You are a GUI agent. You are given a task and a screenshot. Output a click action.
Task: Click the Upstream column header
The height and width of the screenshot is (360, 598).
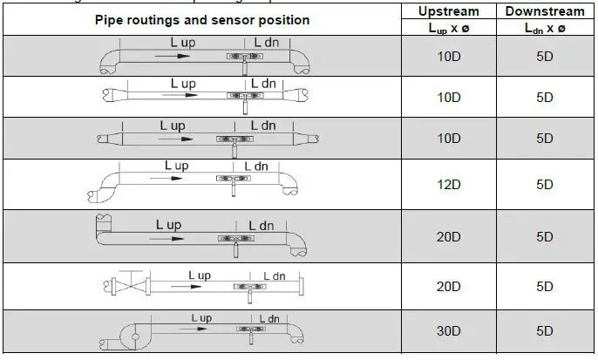449,11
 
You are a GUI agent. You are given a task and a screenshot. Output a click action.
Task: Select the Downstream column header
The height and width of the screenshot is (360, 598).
545,11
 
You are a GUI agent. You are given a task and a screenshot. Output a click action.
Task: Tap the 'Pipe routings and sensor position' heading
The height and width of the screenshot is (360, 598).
202,19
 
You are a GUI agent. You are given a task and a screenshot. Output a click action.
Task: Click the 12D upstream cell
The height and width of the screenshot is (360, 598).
449,184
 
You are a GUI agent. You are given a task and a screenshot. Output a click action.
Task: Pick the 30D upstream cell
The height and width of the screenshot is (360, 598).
449,331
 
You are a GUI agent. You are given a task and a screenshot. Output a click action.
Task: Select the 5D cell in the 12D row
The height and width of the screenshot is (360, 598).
545,184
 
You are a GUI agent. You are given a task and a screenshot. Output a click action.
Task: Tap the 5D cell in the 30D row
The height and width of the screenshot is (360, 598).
545,331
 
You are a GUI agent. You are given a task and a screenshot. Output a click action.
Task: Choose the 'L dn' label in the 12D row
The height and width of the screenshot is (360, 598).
255,166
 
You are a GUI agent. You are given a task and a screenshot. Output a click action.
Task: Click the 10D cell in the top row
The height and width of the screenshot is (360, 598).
449,57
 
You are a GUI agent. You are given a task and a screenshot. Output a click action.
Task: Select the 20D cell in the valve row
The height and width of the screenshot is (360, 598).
449,286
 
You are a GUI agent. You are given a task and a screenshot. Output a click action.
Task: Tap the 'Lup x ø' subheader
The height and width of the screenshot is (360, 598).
449,28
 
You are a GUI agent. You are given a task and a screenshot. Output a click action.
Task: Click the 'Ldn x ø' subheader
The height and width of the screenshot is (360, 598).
545,28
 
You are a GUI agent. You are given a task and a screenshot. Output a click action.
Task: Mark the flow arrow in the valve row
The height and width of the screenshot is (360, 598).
190,285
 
